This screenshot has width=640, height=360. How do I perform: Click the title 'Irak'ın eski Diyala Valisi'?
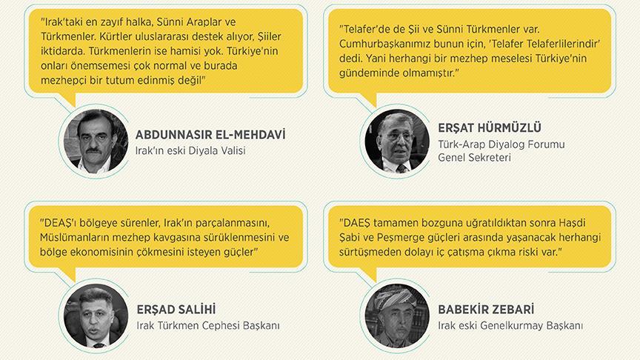tap(190, 151)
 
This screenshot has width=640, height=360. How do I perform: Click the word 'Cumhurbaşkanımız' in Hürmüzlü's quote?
tap(387, 44)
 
